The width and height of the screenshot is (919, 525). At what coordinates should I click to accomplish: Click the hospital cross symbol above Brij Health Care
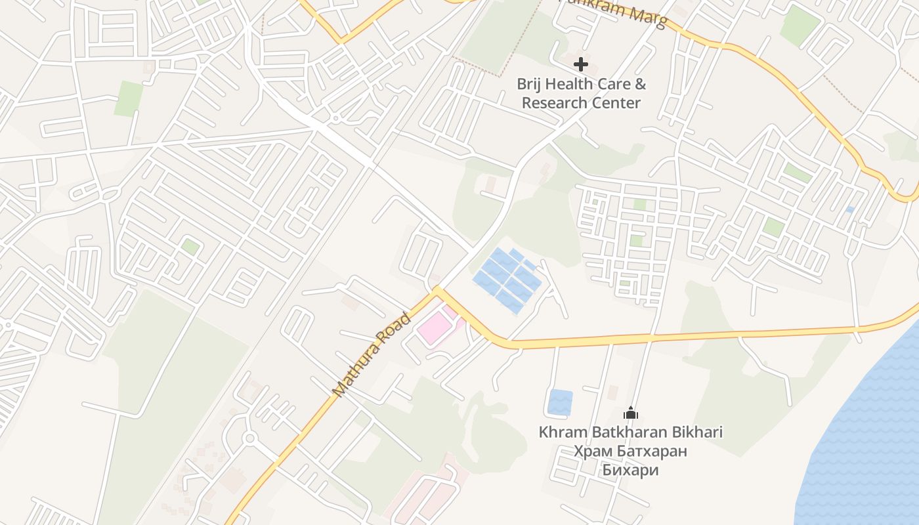click(580, 64)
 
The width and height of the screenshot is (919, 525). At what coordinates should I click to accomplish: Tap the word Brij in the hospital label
click(529, 84)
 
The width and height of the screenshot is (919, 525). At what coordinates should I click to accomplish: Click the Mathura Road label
click(372, 355)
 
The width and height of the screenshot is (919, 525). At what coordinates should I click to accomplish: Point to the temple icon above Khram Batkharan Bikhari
click(631, 413)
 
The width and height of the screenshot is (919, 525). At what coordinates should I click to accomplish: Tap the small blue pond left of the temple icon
click(560, 402)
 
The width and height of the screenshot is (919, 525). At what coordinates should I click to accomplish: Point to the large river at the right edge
click(866, 433)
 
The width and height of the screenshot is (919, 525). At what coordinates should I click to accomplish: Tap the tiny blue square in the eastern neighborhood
click(849, 210)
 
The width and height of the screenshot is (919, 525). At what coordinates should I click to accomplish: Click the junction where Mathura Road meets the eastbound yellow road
click(437, 291)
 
